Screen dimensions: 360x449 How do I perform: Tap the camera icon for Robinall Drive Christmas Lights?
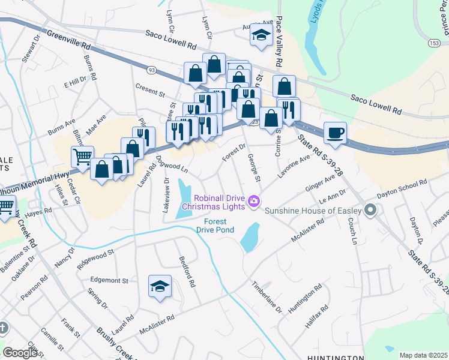(254, 201)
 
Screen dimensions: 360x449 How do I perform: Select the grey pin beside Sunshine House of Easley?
(370, 211)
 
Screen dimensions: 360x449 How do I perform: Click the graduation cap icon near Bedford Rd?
(160, 286)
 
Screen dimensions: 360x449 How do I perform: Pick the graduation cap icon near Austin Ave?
(261, 35)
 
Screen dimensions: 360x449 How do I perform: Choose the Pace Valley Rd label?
(279, 47)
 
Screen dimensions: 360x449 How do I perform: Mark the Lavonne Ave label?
(294, 166)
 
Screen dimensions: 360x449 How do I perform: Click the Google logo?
(20, 353)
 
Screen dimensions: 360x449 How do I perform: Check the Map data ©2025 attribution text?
(423, 355)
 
